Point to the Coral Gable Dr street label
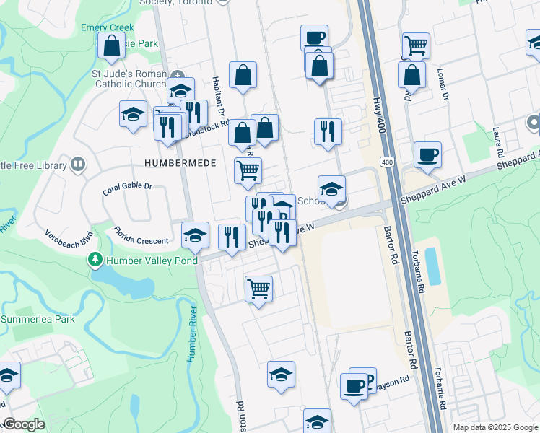[128, 188]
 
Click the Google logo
[24, 424]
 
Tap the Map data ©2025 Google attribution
[495, 427]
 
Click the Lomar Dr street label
[443, 85]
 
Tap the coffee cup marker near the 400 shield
[427, 154]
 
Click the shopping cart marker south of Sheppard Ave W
[258, 289]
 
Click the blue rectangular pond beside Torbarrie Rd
[432, 266]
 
